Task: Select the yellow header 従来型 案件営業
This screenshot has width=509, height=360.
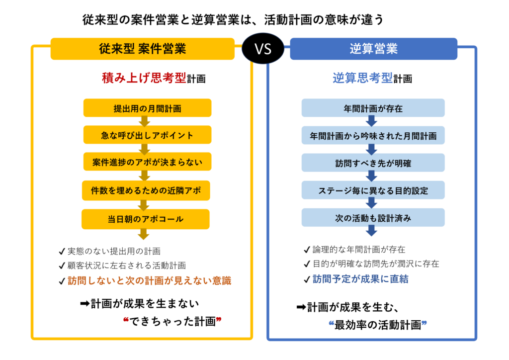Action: point(142,49)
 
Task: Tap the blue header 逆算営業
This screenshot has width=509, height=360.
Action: point(373,49)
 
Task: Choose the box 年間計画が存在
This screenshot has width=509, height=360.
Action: point(373,108)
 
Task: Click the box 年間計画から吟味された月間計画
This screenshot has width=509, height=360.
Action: point(373,135)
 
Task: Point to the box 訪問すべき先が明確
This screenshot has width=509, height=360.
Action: point(373,163)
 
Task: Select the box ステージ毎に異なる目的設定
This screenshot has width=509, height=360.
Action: point(373,190)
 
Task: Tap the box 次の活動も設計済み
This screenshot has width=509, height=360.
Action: point(373,218)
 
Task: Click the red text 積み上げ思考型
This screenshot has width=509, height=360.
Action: point(144,78)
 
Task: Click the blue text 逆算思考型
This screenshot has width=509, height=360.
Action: point(362,78)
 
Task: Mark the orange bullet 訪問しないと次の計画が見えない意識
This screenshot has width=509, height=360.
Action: point(149,281)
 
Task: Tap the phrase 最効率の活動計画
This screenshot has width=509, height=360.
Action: point(378,325)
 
